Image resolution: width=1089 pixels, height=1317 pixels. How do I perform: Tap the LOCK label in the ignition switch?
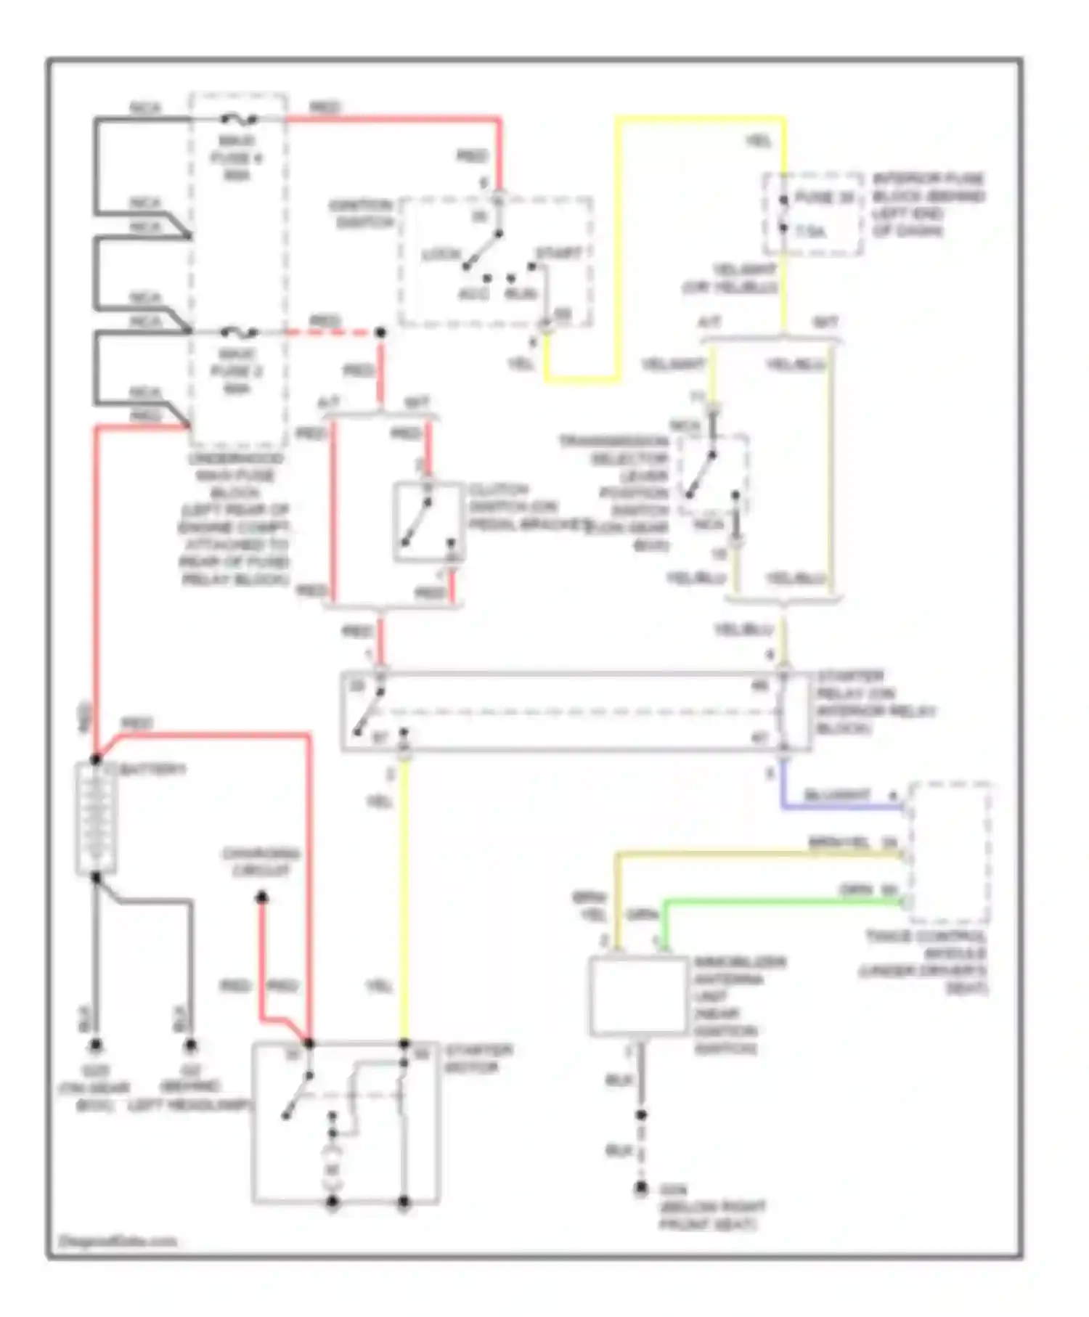tap(441, 255)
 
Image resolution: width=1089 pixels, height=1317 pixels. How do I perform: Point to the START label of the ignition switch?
tap(558, 253)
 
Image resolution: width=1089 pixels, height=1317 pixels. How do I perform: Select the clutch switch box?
tap(428, 521)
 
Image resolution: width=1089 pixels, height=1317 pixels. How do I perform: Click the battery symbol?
tap(96, 818)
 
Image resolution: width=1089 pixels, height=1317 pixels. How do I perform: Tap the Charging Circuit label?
tap(261, 862)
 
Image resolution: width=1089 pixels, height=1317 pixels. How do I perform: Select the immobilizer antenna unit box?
tap(637, 995)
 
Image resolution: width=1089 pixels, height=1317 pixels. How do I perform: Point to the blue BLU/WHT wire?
tap(835, 807)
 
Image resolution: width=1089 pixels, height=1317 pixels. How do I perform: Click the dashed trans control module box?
tap(950, 852)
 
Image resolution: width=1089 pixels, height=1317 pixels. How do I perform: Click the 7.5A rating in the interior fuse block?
tap(810, 232)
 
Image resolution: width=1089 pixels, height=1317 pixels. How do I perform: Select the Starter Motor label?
tap(478, 1059)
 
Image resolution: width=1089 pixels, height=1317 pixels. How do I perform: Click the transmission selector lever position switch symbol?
tap(713, 475)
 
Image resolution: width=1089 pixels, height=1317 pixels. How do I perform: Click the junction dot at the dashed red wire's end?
tap(380, 333)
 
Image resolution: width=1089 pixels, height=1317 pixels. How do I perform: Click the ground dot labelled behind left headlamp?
tap(190, 1045)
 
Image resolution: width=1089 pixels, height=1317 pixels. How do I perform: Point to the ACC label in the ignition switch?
tap(473, 294)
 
